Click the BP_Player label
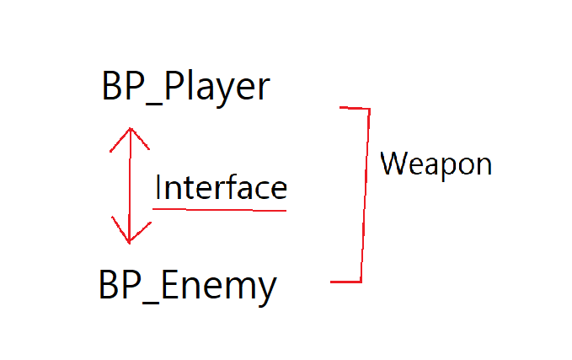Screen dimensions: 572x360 coord(185,88)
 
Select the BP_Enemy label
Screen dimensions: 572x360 coord(187,287)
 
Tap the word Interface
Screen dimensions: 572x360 coord(221,187)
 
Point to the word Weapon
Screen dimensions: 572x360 coord(436,163)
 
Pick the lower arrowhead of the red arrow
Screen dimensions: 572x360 coord(129,237)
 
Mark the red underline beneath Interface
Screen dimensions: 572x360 coord(221,209)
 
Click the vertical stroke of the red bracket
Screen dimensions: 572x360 coord(366,194)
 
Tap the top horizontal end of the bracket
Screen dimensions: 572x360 coord(354,108)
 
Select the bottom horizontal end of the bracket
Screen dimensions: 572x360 coord(345,282)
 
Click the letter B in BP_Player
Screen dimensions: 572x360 coord(112,87)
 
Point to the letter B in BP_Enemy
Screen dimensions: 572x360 coord(109,287)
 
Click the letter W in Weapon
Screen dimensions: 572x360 coord(393,162)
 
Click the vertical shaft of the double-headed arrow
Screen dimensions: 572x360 coord(129,185)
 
